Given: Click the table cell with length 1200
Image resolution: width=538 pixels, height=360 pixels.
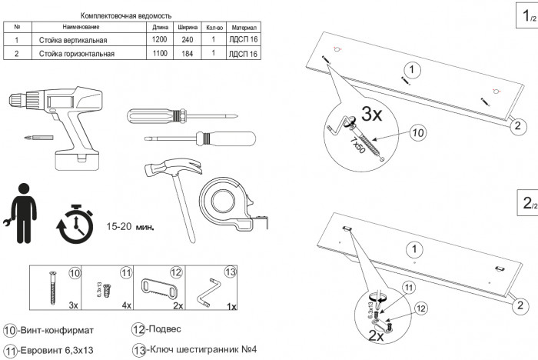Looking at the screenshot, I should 160,39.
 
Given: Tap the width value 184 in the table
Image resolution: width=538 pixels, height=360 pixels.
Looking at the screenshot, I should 186,53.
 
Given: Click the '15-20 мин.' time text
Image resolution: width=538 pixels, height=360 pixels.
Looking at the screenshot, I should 131,226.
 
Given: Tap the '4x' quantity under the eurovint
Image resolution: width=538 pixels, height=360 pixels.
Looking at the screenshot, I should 125,305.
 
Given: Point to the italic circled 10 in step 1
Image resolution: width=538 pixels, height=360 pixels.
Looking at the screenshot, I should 417,133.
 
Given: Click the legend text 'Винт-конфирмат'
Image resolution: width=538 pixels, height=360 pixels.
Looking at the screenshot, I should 56,331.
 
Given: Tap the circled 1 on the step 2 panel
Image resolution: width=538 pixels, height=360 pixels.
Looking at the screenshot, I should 414,249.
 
